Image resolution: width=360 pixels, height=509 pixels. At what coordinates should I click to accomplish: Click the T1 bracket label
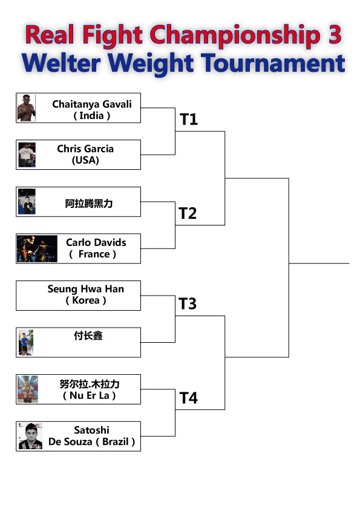pyautogui.click(x=189, y=119)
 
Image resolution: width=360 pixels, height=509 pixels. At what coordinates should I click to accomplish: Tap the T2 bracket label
pyautogui.click(x=188, y=213)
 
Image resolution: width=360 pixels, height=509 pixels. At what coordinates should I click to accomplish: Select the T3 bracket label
pyautogui.click(x=188, y=303)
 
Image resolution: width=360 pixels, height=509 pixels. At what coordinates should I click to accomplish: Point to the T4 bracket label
pyautogui.click(x=189, y=398)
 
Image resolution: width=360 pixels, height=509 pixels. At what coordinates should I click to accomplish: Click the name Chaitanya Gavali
pyautogui.click(x=92, y=104)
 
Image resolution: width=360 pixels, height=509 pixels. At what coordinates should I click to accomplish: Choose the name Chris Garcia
pyautogui.click(x=85, y=149)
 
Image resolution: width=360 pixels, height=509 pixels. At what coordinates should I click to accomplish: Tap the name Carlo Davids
pyautogui.click(x=96, y=242)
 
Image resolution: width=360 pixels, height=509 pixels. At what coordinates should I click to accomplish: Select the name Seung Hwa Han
pyautogui.click(x=86, y=289)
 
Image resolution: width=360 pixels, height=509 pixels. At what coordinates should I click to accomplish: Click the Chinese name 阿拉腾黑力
pyautogui.click(x=89, y=204)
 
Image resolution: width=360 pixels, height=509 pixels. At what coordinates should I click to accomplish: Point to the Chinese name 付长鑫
pyautogui.click(x=88, y=336)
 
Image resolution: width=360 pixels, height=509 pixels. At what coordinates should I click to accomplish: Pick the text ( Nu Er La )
pyautogui.click(x=90, y=395)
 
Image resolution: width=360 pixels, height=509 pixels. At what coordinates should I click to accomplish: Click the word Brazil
pyautogui.click(x=116, y=441)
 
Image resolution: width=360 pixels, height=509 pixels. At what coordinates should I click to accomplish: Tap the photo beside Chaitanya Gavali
pyautogui.click(x=26, y=108)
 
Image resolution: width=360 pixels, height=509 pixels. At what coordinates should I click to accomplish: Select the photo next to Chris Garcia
pyautogui.click(x=27, y=155)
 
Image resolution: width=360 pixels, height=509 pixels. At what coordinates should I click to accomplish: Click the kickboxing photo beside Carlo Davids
pyautogui.click(x=37, y=248)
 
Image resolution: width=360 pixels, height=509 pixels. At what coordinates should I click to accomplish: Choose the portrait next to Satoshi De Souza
pyautogui.click(x=30, y=436)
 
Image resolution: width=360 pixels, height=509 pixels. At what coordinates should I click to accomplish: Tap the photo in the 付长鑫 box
pyautogui.click(x=26, y=343)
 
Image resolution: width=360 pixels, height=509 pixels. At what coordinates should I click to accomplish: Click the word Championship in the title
pyautogui.click(x=235, y=35)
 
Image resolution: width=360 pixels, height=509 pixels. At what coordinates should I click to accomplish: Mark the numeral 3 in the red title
pyautogui.click(x=335, y=34)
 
